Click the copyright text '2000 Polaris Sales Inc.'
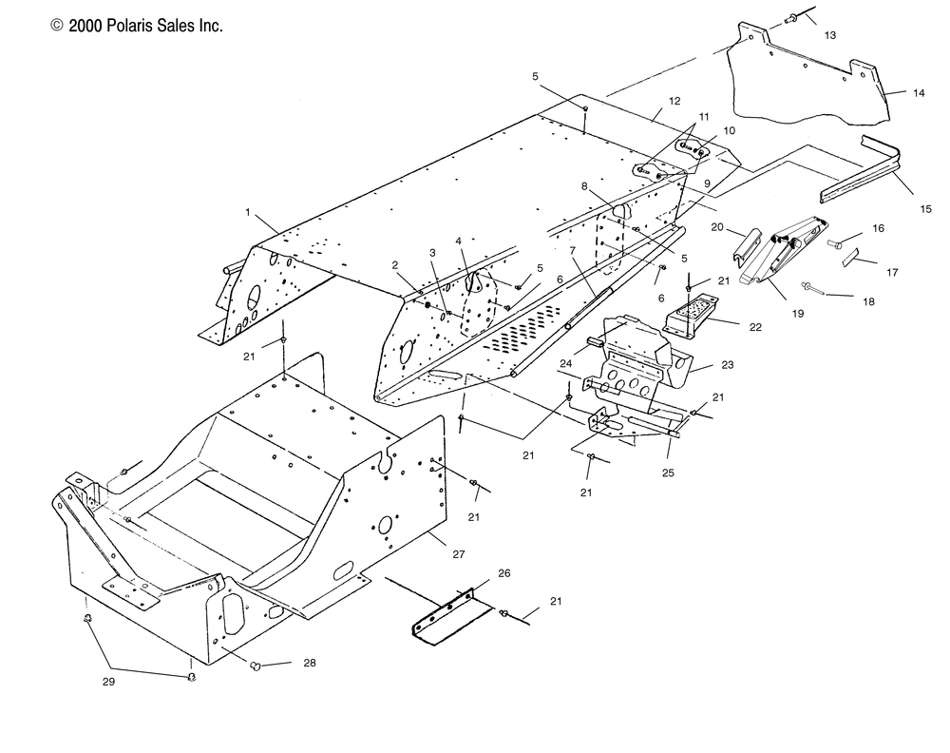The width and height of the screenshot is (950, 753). click(x=145, y=26)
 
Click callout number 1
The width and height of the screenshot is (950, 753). click(x=248, y=212)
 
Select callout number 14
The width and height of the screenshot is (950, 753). click(x=919, y=93)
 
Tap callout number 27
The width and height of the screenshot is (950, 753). click(x=459, y=553)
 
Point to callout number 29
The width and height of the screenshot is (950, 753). click(x=108, y=682)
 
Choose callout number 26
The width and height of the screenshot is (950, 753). click(x=504, y=573)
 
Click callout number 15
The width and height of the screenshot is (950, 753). click(x=925, y=209)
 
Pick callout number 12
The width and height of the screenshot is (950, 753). click(x=674, y=101)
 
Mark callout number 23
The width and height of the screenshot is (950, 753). click(x=727, y=364)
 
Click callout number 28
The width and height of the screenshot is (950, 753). click(x=310, y=663)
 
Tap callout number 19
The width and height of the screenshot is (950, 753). click(x=798, y=314)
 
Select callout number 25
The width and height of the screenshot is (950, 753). click(x=668, y=473)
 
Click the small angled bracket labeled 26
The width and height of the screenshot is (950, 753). click(x=452, y=616)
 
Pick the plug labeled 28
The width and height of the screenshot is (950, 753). click(x=255, y=666)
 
